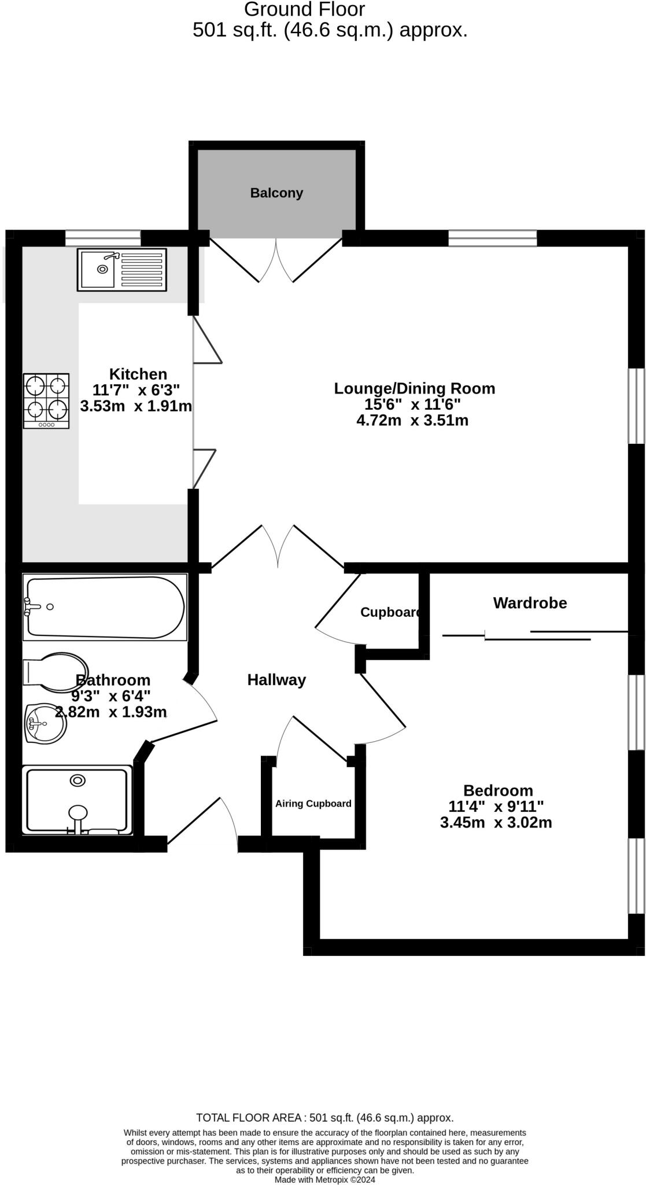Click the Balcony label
276,193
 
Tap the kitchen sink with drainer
121,270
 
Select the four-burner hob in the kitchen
46,400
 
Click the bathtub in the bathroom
105,608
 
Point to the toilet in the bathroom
55,672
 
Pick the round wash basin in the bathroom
46,723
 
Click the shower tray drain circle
77,781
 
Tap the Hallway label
276,680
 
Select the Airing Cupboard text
313,804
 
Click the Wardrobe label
530,603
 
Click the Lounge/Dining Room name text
415,388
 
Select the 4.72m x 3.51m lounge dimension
412,420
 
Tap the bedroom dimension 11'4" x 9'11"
496,806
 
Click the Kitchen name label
138,374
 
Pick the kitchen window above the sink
103,238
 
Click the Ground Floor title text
304,10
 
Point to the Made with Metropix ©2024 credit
324,1179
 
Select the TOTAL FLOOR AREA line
324,1118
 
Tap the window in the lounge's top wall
493,238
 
